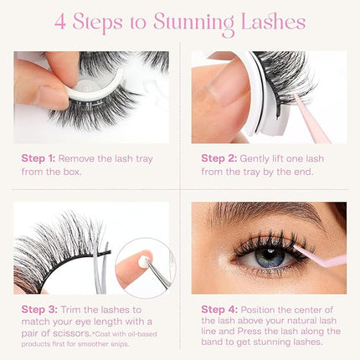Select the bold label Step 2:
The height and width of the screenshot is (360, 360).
[220, 157]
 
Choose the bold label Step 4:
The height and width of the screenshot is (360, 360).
[220, 308]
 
